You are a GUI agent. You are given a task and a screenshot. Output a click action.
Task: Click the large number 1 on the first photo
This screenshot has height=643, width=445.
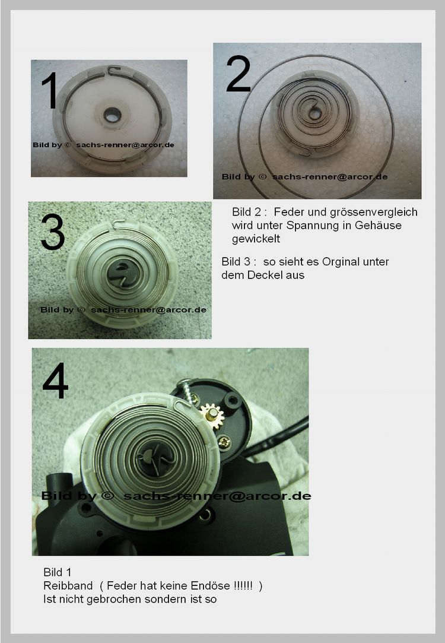[x=50, y=90]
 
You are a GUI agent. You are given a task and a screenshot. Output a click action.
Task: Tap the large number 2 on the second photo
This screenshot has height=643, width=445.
[x=238, y=74]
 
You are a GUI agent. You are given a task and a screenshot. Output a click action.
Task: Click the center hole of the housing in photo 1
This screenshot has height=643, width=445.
[x=112, y=115]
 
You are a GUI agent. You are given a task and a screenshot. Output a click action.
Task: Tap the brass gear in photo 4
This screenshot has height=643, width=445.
[x=212, y=417]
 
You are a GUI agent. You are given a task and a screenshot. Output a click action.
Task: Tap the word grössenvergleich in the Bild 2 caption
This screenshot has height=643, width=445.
[x=374, y=212]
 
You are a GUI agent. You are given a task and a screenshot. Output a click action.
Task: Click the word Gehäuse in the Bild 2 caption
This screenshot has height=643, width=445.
[x=378, y=225]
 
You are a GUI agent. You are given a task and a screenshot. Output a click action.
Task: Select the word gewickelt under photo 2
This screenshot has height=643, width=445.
[x=256, y=239]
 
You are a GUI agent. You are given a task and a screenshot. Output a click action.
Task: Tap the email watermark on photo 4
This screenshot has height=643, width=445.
[x=217, y=496]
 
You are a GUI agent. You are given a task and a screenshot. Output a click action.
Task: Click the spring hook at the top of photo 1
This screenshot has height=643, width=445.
[x=114, y=70]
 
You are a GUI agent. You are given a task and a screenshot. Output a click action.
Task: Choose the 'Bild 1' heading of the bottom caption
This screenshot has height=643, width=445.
[x=58, y=572]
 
